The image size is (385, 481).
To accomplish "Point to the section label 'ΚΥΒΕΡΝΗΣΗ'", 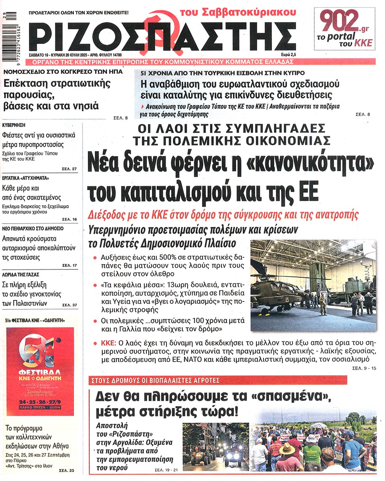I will click(16, 125).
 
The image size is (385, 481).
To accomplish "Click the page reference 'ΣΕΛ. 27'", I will click(69, 169).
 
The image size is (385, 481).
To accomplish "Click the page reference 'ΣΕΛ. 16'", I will click(69, 219).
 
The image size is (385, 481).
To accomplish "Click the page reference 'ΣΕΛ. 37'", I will click(69, 305).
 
